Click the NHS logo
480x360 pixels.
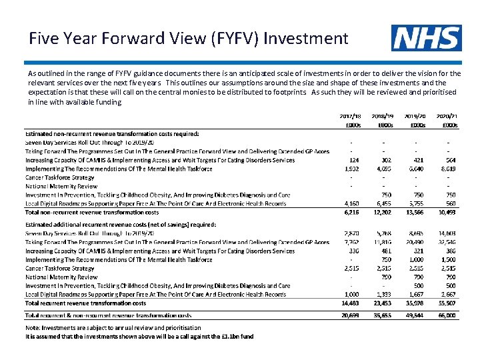426,38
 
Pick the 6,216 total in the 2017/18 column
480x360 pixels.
351,212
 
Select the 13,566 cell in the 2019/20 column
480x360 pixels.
415,212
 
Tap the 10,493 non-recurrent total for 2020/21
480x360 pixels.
446,212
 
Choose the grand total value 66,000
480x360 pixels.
446,315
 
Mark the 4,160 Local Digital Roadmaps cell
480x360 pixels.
351,203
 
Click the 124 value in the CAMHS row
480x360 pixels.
354,160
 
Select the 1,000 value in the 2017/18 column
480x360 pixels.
351,294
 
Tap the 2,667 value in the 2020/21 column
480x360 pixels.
447,294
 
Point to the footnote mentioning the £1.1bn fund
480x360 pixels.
139,337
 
